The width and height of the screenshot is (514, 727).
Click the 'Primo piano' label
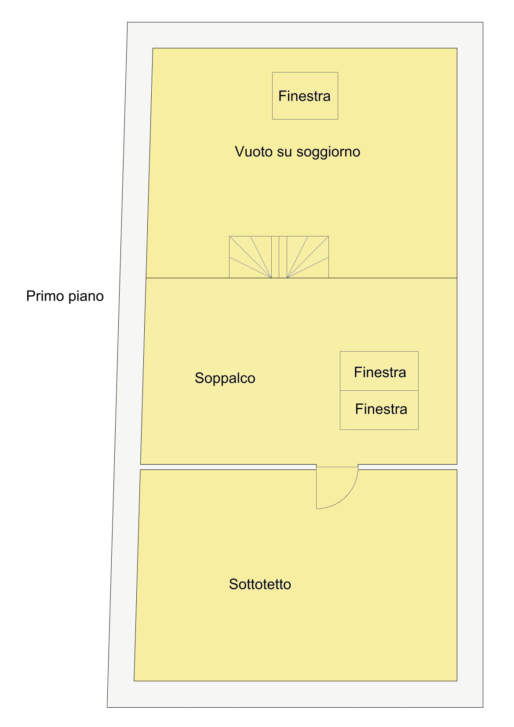65,296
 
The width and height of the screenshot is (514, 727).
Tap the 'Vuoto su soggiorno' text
297,152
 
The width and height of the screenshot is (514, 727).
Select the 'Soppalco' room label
225,378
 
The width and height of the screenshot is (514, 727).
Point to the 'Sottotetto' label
260,584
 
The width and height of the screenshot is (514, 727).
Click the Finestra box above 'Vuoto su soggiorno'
305,96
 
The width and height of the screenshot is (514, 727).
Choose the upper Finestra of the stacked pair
379,371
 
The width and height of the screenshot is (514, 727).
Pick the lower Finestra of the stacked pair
379,410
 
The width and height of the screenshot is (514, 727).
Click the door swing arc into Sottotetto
346,497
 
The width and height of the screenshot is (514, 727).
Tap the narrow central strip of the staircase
279,257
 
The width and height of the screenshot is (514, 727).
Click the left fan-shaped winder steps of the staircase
250,257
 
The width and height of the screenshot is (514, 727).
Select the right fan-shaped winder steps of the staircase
308,257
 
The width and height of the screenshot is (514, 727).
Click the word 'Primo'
45,296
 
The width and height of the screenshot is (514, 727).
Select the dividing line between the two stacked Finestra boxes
379,390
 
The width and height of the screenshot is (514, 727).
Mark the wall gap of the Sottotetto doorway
337,467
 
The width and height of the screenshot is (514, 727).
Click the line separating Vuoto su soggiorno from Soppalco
301,278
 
